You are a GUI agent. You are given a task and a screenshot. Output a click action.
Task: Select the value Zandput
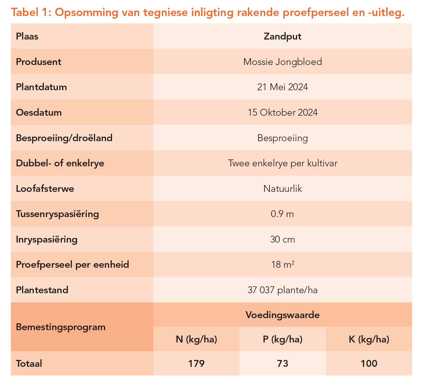(x=282, y=37)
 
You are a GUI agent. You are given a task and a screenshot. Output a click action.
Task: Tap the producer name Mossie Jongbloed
(x=282, y=62)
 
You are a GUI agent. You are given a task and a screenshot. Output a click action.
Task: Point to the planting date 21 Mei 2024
(x=282, y=87)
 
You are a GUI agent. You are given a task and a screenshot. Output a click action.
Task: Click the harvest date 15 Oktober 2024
(x=282, y=113)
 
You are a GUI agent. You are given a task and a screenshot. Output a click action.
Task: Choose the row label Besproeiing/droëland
(x=64, y=138)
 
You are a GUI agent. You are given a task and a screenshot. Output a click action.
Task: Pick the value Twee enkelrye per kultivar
(x=282, y=163)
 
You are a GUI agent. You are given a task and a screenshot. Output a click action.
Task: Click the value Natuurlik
(x=282, y=189)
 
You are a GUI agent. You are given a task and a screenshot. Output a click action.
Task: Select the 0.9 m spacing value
(x=282, y=214)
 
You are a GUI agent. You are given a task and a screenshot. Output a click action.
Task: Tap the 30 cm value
(x=282, y=239)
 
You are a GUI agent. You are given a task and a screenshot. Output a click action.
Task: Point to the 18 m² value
(x=282, y=265)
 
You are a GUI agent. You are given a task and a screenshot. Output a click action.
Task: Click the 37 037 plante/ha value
(x=282, y=290)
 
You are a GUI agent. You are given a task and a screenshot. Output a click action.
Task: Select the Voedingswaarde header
(x=282, y=315)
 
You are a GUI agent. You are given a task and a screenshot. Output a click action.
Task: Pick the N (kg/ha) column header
(x=197, y=339)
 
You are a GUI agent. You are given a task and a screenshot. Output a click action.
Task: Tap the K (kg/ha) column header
(x=369, y=339)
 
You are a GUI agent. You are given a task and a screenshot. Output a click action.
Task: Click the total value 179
(x=197, y=364)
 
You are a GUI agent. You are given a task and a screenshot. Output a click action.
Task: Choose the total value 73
(x=282, y=364)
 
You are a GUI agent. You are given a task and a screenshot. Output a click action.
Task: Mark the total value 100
(x=369, y=364)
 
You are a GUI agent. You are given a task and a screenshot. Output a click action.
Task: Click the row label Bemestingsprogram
(x=61, y=327)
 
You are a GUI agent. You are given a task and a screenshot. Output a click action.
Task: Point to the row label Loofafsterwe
(x=45, y=189)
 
